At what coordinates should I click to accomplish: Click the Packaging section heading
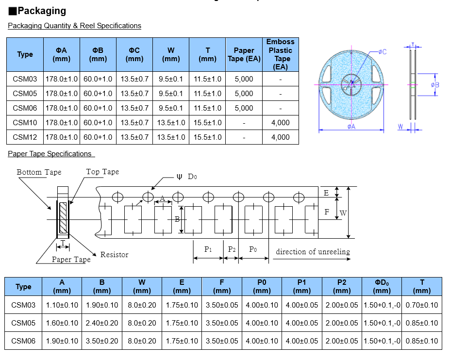(x=42, y=11)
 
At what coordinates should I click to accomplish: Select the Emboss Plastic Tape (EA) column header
(x=280, y=54)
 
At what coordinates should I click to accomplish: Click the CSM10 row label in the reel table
(x=25, y=123)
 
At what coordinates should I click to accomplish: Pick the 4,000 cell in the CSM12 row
(x=280, y=137)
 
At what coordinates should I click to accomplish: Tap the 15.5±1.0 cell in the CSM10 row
(x=207, y=123)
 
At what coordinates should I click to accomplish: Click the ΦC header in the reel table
(x=134, y=54)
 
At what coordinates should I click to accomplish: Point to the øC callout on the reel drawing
(x=382, y=52)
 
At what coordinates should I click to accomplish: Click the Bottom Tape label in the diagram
(x=39, y=172)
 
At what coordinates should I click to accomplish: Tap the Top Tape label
(x=102, y=172)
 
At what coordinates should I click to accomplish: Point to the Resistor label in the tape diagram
(x=114, y=255)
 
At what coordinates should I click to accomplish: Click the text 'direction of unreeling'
(x=313, y=252)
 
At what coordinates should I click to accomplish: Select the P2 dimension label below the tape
(x=232, y=249)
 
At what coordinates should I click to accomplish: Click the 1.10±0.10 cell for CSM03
(x=62, y=305)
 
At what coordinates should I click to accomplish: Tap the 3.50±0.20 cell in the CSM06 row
(x=102, y=341)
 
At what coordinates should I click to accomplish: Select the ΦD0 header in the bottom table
(x=382, y=286)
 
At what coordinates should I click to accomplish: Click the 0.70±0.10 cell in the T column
(x=422, y=305)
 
